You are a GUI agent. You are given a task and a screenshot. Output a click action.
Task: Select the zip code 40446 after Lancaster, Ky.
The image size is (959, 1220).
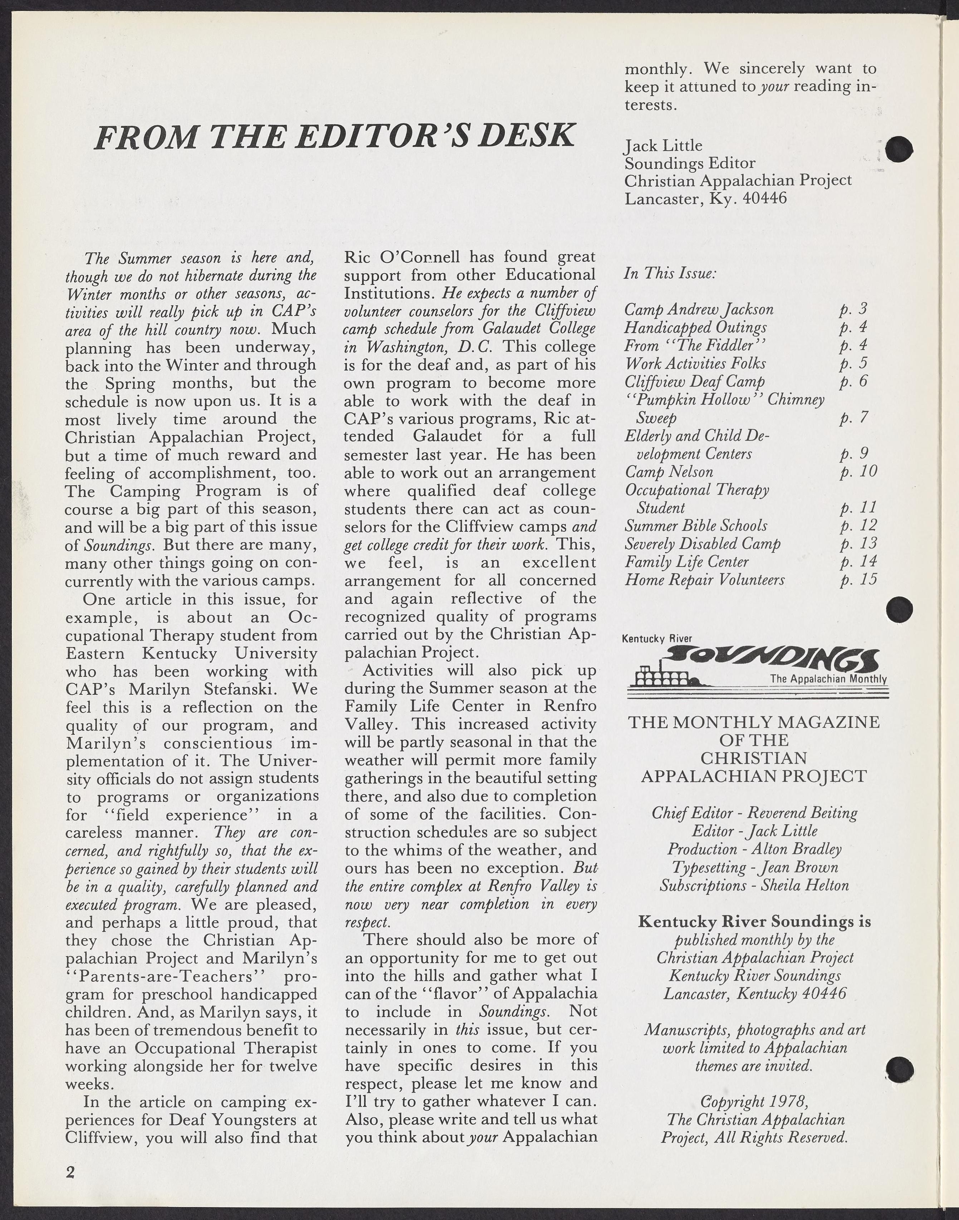pos(765,198)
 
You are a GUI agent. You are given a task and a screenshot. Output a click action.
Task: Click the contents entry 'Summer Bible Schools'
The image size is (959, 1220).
pos(696,526)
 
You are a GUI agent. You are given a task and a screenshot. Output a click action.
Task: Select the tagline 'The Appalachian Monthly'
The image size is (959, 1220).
pos(828,679)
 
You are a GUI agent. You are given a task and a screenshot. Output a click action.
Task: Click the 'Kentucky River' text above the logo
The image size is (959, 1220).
pos(657,638)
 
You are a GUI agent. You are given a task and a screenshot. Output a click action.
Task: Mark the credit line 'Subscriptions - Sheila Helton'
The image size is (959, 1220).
pos(754,885)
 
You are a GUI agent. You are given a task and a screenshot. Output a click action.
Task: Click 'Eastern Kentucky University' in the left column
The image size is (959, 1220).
pos(191,654)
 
